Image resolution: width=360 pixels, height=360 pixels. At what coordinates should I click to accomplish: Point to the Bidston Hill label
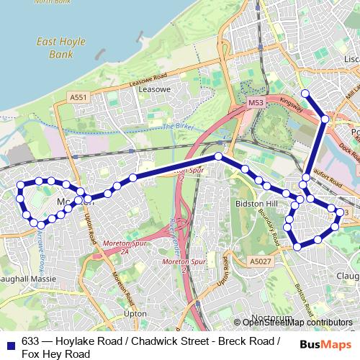click(x=252, y=204)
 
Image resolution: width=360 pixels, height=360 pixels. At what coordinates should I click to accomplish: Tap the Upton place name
click(x=135, y=314)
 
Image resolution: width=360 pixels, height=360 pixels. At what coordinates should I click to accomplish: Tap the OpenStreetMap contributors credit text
click(x=297, y=323)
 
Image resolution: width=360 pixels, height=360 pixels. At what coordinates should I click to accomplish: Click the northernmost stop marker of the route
click(x=305, y=93)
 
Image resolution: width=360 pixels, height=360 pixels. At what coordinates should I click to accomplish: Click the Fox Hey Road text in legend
click(x=55, y=354)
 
